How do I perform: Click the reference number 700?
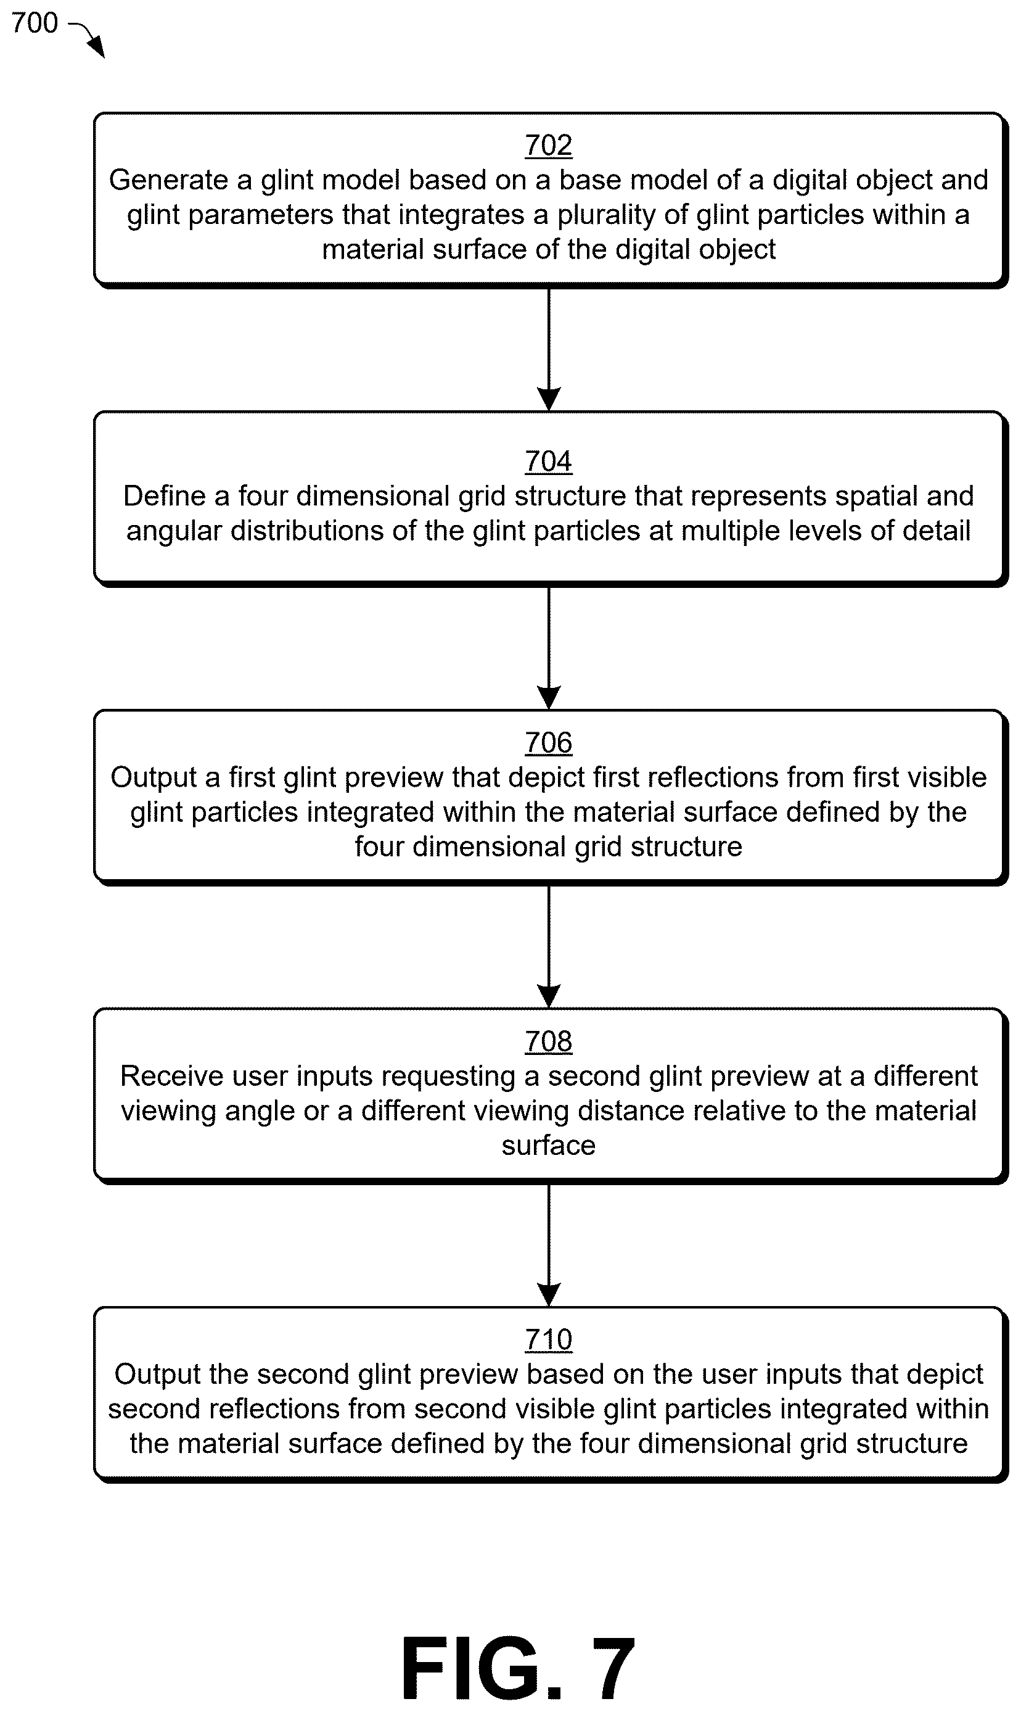tap(35, 23)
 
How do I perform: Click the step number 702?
tap(548, 145)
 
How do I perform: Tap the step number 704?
tap(548, 461)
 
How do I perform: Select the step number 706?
tap(548, 743)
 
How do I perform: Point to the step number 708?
tap(548, 1041)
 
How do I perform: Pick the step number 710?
tap(548, 1339)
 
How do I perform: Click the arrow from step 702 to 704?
tap(548, 349)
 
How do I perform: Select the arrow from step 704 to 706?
tap(548, 648)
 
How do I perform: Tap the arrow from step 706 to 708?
tap(548, 946)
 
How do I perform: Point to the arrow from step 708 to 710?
tap(548, 1245)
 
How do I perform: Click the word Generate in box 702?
tap(168, 180)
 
